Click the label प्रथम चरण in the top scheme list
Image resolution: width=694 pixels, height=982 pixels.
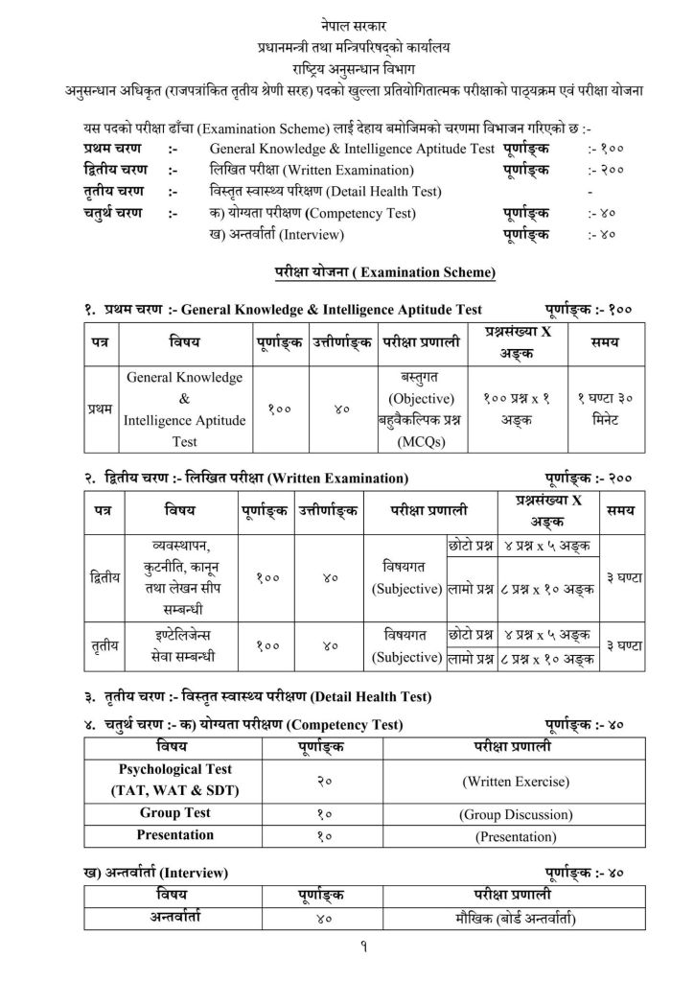pos(112,149)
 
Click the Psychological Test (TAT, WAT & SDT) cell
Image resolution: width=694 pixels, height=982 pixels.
pos(175,781)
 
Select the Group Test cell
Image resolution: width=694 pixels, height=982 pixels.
pos(175,813)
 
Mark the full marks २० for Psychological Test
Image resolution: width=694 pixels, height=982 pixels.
pos(324,781)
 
